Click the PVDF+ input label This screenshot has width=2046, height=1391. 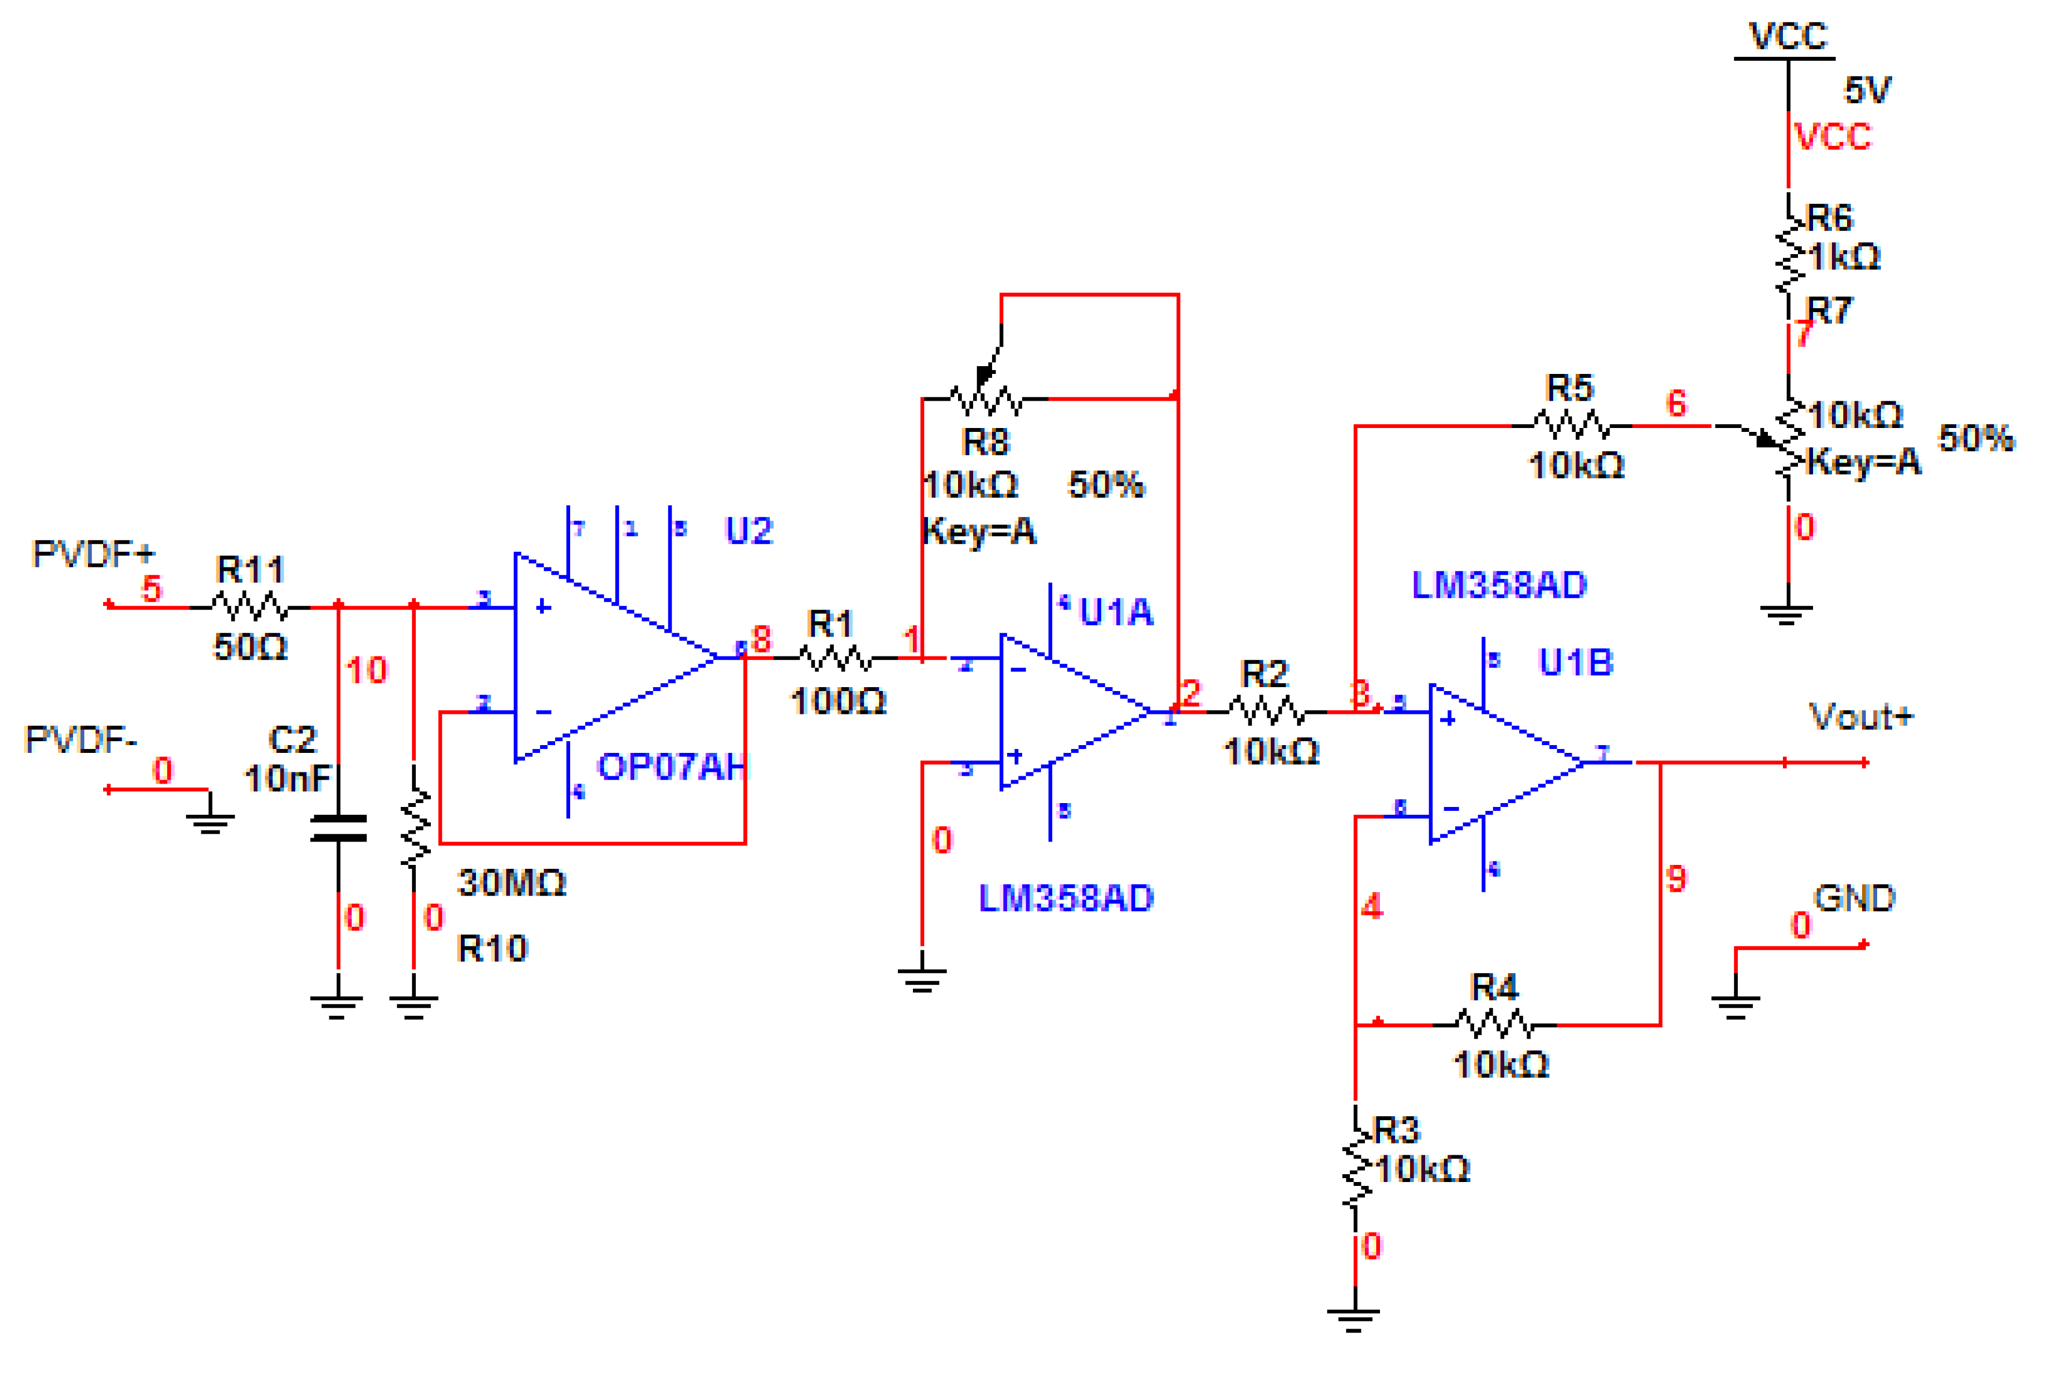click(x=93, y=554)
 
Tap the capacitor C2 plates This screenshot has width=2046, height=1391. click(x=339, y=828)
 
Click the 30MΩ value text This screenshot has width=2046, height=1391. click(x=512, y=882)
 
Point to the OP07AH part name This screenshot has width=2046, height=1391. click(x=671, y=767)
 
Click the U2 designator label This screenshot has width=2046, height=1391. click(x=749, y=531)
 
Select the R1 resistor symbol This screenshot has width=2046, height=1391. click(x=834, y=658)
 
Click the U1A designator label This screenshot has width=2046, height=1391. click(x=1115, y=612)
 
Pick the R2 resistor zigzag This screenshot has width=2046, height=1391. click(x=1266, y=711)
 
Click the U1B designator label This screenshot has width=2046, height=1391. click(x=1575, y=662)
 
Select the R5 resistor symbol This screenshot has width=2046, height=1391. click(x=1572, y=426)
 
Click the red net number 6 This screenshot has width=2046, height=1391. click(x=1676, y=403)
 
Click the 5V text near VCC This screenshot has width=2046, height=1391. click(x=1867, y=90)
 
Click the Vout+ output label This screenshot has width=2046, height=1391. click(x=1860, y=717)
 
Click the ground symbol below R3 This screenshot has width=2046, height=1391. click(x=1354, y=1318)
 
